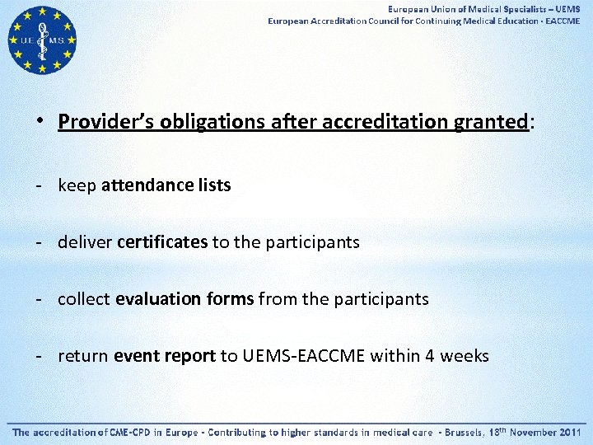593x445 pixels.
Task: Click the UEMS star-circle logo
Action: (x=42, y=40)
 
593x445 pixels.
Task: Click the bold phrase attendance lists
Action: (x=166, y=185)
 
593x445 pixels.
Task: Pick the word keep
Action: (x=77, y=185)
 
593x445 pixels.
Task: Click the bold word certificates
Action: (x=162, y=242)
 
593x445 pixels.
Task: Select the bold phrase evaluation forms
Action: (x=184, y=299)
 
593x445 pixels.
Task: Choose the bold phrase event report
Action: (x=165, y=356)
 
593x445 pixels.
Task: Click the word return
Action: (x=83, y=356)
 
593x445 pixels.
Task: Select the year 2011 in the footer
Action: (x=570, y=432)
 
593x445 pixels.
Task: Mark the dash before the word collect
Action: (x=39, y=299)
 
